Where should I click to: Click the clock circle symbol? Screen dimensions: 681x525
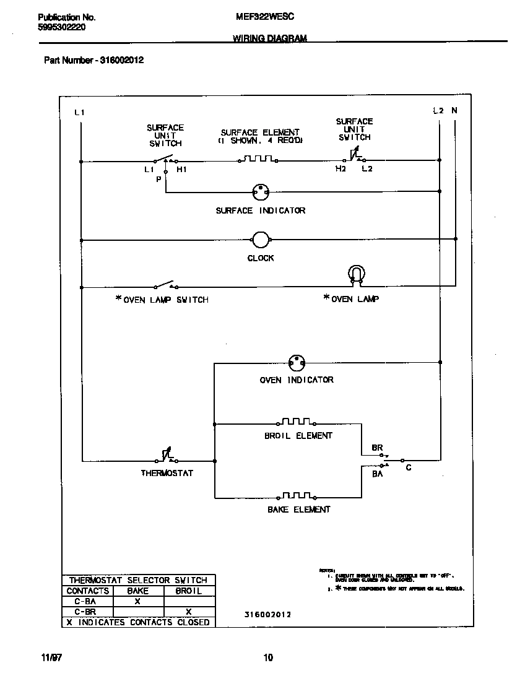coord(261,240)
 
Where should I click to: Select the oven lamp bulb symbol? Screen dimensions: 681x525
coord(356,274)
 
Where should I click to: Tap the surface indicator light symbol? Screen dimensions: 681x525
coord(261,192)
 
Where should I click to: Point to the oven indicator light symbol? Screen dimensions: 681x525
coord(297,363)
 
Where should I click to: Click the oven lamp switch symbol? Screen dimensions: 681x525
coord(166,285)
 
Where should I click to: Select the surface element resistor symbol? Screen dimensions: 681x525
coord(258,159)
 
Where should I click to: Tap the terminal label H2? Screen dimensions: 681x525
coord(341,169)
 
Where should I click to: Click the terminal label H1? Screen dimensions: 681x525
coord(181,169)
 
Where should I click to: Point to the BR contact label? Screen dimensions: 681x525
coord(377,447)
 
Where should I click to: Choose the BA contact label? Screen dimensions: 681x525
coord(377,474)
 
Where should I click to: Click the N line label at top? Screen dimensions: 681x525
coord(454,111)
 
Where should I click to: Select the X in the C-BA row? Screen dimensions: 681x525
coord(137,601)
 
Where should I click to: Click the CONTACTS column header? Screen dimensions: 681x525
coord(87,591)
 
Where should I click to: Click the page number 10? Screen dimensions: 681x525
coord(267,657)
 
